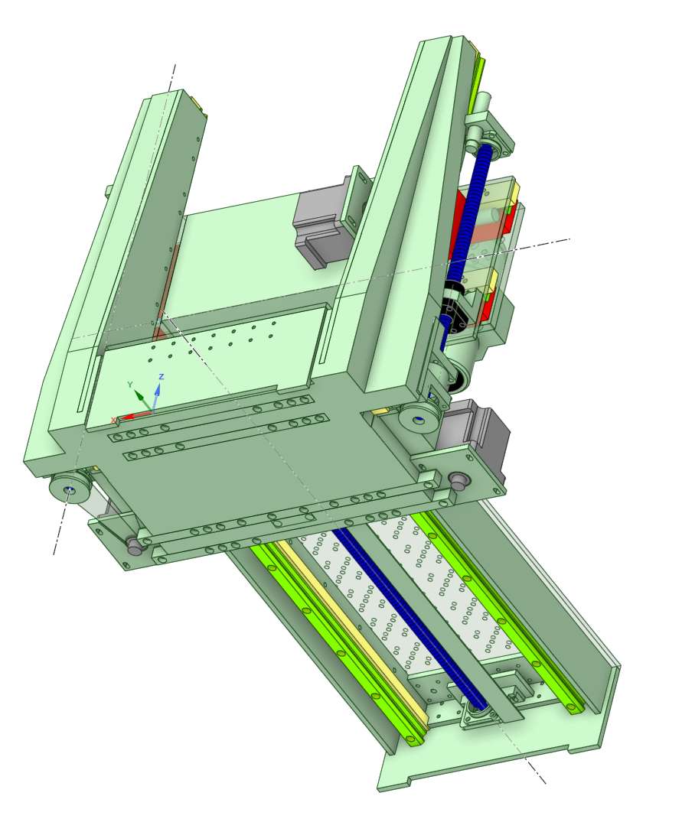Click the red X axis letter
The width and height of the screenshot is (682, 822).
pyautogui.click(x=113, y=420)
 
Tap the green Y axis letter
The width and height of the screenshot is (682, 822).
pyautogui.click(x=130, y=385)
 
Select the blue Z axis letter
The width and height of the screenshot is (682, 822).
pyautogui.click(x=162, y=376)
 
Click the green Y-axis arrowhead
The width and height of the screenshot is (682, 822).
pyautogui.click(x=139, y=395)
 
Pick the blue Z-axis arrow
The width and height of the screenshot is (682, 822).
pyautogui.click(x=156, y=397)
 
